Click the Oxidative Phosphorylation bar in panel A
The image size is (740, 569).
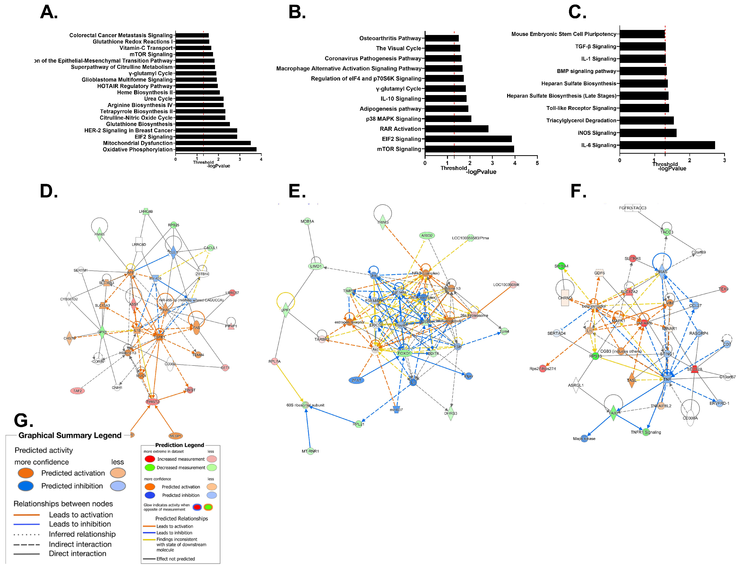[x=216, y=149]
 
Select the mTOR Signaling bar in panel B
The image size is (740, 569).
[x=469, y=149]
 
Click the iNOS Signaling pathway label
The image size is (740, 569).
[x=596, y=133]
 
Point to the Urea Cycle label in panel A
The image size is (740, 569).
[x=158, y=99]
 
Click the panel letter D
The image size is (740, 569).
[x=49, y=191]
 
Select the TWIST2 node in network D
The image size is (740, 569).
[x=152, y=402]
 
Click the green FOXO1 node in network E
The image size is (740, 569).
[x=404, y=353]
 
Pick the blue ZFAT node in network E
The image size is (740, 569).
[x=356, y=380]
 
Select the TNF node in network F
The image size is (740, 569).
[x=667, y=379]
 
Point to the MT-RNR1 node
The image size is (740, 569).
[x=310, y=451]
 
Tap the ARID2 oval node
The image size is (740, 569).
[x=427, y=235]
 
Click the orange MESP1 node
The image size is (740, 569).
[x=175, y=436]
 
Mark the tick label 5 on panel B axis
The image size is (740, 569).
[x=537, y=163]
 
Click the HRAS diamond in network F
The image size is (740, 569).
[x=662, y=272]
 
